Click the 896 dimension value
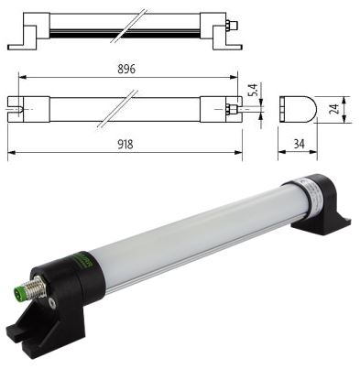(x=126, y=70)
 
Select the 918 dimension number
(x=125, y=144)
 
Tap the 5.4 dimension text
(x=255, y=90)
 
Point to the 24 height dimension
(x=335, y=109)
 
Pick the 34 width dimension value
(x=299, y=144)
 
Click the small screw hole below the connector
(x=53, y=303)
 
